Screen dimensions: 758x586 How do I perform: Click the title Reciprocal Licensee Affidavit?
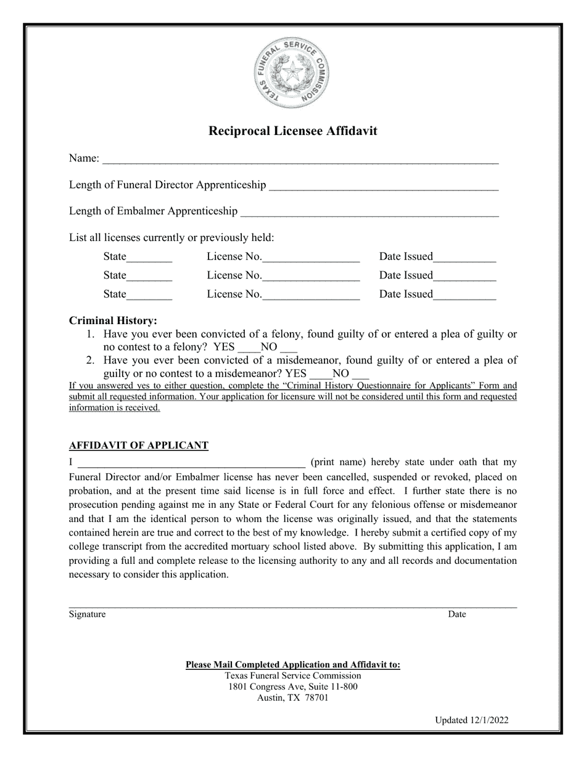click(292, 131)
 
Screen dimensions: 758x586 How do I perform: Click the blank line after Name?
click(300, 160)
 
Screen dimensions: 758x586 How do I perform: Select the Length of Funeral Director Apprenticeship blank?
click(384, 187)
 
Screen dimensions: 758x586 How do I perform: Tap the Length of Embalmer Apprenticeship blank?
click(369, 213)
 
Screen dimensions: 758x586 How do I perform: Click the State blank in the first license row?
click(149, 258)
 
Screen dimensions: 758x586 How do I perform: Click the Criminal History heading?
click(113, 320)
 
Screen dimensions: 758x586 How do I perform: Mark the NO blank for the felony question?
click(289, 348)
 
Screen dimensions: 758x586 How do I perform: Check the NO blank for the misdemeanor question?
click(360, 375)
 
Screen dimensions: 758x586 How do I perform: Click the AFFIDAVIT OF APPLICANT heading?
click(138, 446)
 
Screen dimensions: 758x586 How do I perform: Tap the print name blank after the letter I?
click(191, 463)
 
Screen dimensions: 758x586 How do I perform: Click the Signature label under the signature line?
click(87, 614)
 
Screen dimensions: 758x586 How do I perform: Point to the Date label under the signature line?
click(456, 614)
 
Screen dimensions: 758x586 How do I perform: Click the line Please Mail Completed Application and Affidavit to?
click(292, 664)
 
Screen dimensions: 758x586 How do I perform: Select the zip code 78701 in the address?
click(316, 698)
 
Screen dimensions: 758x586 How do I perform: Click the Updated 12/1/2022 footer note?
click(471, 720)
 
